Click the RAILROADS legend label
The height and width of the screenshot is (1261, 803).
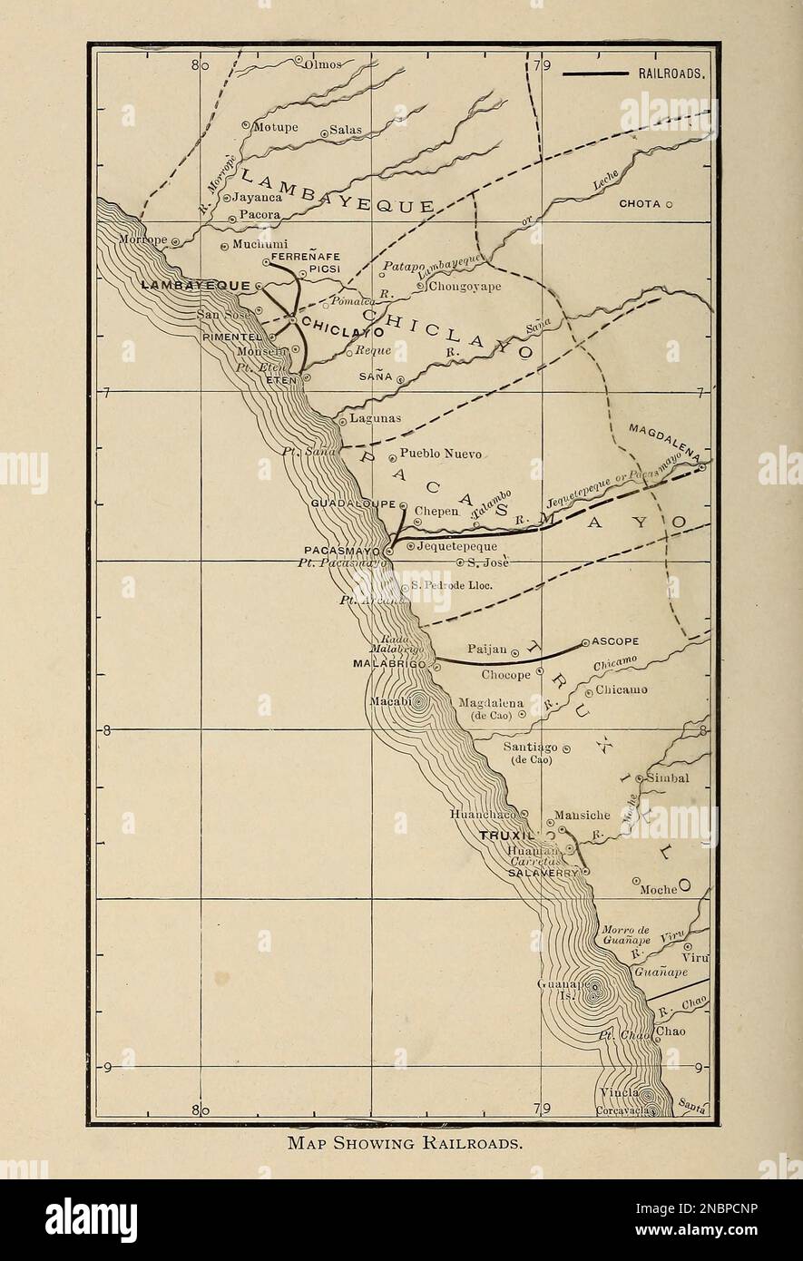[x=671, y=74]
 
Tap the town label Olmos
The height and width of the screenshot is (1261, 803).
[x=325, y=64]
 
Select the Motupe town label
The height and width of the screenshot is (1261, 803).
[x=275, y=127]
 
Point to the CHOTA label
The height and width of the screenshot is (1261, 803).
[x=640, y=204]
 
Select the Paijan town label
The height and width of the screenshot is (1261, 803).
[x=485, y=650]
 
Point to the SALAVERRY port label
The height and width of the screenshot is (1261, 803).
[x=543, y=872]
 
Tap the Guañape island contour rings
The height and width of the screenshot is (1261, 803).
[x=594, y=991]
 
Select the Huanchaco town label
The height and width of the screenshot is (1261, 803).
[x=485, y=815]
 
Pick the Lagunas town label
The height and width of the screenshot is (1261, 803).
[x=376, y=418]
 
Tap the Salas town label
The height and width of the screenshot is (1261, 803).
[x=345, y=130]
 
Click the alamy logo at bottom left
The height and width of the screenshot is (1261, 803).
[x=91, y=1220]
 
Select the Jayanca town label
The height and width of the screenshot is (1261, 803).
[x=258, y=196]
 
